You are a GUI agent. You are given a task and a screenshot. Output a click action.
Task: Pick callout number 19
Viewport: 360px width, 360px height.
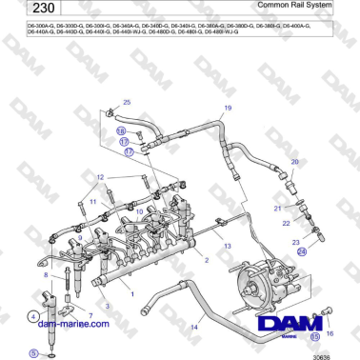228,108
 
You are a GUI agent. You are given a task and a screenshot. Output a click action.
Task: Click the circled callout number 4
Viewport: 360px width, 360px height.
33,316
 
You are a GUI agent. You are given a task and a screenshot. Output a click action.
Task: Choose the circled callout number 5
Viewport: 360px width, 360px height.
33,352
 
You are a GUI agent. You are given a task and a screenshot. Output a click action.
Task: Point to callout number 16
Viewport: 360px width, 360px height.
330,333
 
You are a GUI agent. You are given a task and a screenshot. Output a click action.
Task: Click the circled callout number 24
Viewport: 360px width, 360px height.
302,252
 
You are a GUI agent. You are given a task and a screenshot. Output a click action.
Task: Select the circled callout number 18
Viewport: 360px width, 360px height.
121,130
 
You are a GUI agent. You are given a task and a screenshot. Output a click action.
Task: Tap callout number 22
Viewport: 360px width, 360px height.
285,223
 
